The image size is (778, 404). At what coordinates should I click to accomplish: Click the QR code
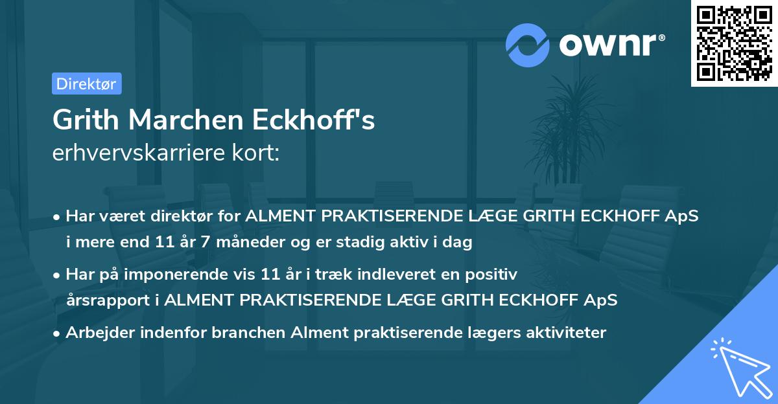coord(735,43)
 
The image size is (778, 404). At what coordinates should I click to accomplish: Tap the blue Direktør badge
coord(86,84)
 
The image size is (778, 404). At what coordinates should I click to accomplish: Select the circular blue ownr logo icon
coord(528,45)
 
